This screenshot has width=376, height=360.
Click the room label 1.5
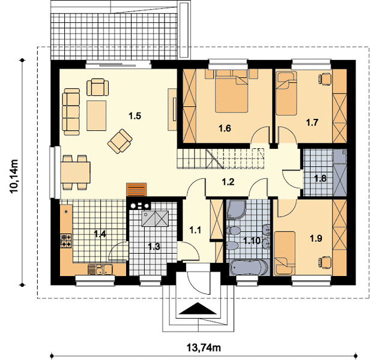pos(135,116)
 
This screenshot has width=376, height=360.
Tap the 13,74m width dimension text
pos(204,347)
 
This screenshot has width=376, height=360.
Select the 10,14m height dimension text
pos(14,176)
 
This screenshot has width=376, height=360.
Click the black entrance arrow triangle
pos(198,308)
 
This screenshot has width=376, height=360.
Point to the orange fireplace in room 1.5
pos(136,190)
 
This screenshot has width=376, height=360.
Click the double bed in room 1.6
pos(231,91)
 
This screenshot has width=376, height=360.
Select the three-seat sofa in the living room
pos(71,112)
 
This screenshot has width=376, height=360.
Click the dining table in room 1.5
pos(76,172)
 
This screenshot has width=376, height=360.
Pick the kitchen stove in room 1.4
pos(66,241)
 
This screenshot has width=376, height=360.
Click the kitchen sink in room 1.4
pos(100,269)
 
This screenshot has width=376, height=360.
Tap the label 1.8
pos(320,178)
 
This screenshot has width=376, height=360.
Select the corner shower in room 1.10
pos(236,209)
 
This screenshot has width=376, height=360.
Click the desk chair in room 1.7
pos(325,79)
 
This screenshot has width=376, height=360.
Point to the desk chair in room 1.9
pos(325,262)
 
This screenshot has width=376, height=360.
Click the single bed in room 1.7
pos(286,93)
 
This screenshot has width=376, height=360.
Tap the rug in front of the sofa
pos(96,116)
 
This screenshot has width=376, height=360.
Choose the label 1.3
pos(154,246)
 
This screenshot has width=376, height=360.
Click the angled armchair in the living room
pos(120,141)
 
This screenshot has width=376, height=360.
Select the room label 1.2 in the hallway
pos(228,182)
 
